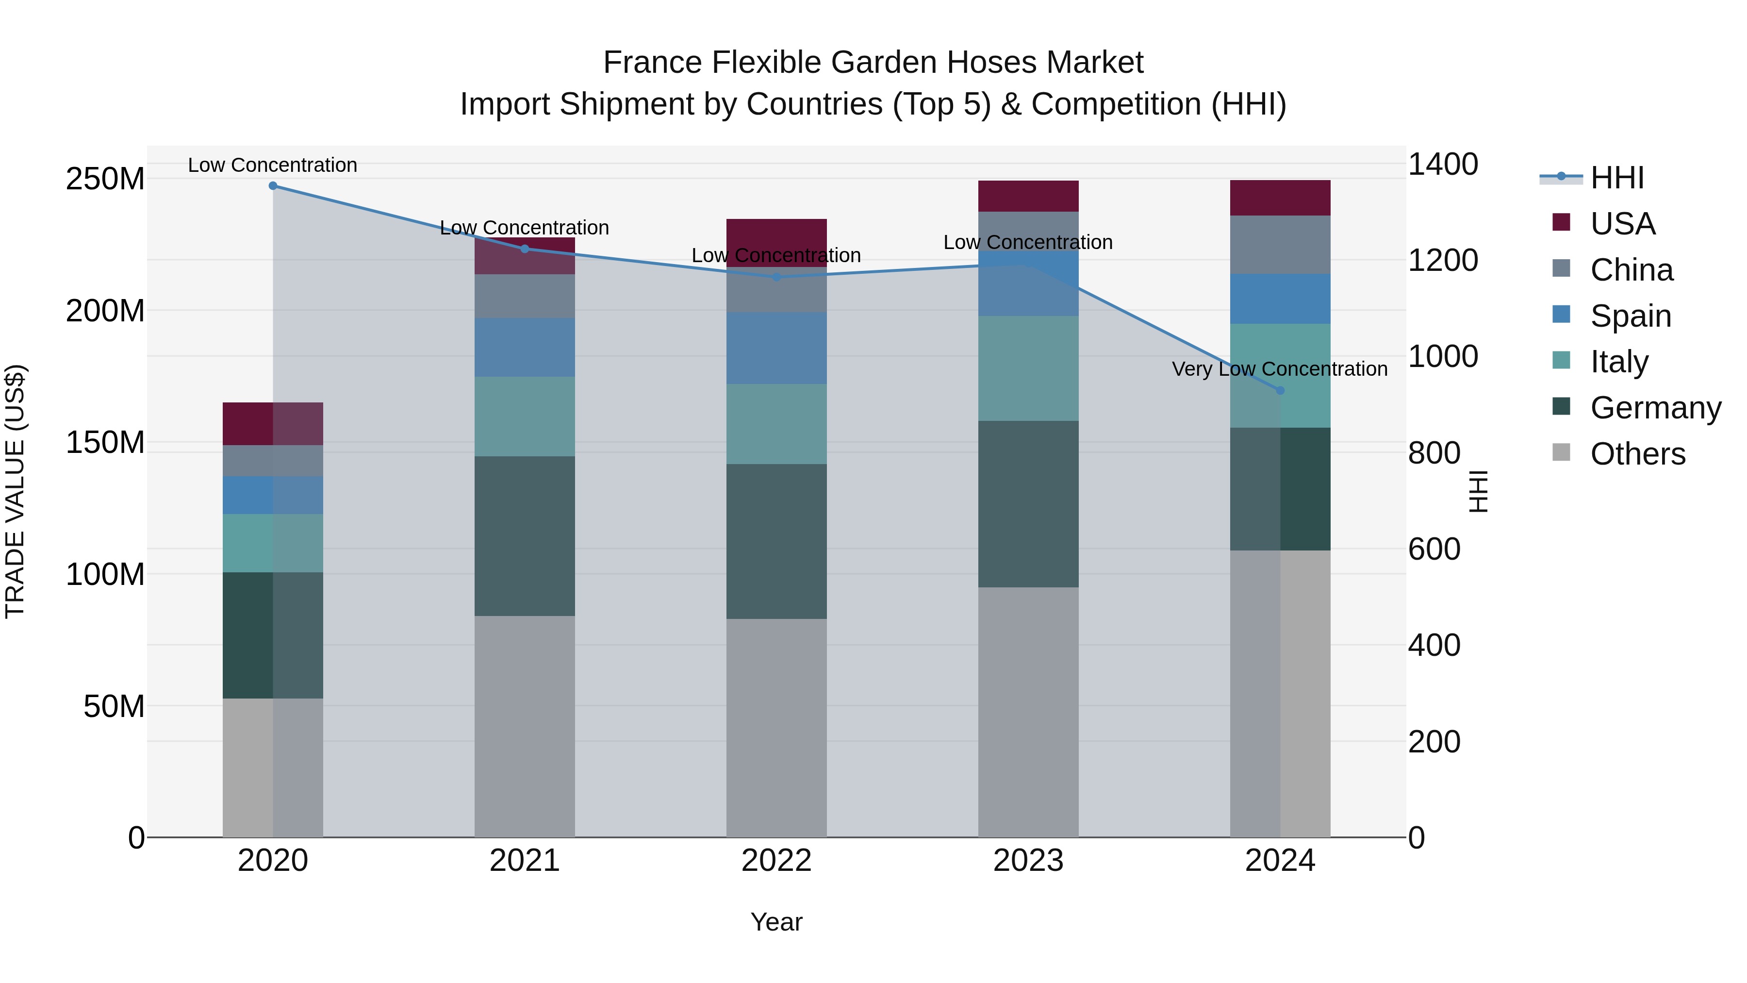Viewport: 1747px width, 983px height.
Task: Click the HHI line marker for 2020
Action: coord(273,186)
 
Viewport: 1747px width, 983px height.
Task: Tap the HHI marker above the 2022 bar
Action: coord(776,277)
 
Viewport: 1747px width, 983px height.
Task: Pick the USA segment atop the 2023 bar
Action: coord(1028,196)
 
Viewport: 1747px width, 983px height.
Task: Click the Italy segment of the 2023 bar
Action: coord(1028,368)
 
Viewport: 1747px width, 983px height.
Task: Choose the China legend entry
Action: coord(1631,270)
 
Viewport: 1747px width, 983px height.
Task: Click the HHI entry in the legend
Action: coord(1617,178)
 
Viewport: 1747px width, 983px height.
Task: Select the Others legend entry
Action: coord(1637,454)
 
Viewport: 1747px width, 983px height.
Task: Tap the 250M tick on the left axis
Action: coord(105,179)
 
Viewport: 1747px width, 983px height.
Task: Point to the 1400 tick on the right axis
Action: coord(1443,164)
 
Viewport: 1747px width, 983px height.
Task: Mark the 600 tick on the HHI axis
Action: coord(1434,549)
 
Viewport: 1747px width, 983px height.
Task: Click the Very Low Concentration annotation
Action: coord(1279,369)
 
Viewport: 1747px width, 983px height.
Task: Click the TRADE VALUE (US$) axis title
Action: coord(15,491)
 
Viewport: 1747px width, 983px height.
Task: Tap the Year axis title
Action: coord(776,922)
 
